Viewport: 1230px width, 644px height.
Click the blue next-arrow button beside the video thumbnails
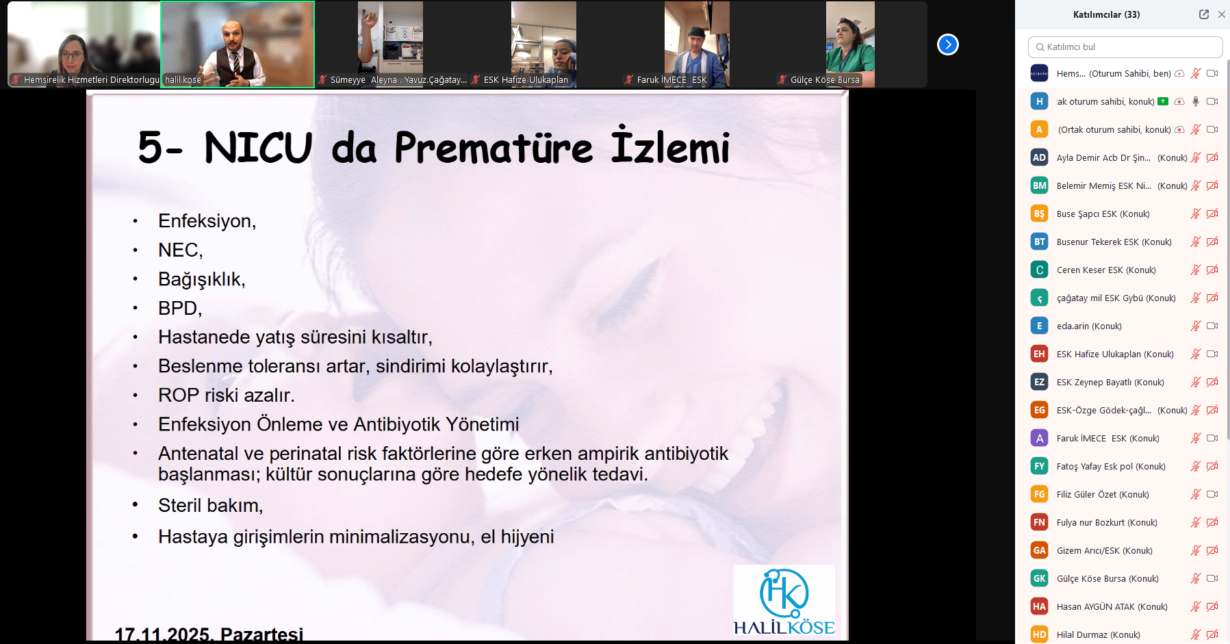947,44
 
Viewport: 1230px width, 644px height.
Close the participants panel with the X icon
1221,14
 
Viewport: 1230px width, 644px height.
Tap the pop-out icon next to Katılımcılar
1204,14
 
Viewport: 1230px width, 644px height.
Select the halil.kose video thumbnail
238,44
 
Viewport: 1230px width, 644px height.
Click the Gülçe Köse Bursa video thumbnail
850,44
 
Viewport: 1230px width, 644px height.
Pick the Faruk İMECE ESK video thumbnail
697,44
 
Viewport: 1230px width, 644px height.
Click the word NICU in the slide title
258,147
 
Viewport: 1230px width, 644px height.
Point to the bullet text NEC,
181,250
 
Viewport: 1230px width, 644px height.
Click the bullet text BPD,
180,309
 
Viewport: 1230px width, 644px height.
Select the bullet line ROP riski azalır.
227,396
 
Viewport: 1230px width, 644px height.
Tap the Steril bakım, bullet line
211,506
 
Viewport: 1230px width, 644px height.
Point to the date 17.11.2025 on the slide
162,634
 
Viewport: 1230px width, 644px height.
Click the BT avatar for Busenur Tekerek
1039,242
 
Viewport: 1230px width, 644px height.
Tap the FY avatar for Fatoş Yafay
1039,466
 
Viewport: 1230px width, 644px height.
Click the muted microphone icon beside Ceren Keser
1196,270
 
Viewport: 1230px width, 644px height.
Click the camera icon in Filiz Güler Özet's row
1212,494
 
